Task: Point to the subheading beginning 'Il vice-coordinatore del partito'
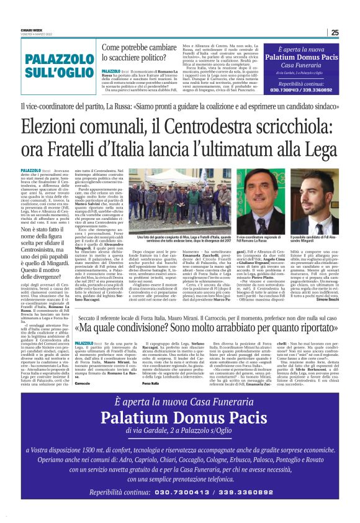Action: [180, 108]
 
